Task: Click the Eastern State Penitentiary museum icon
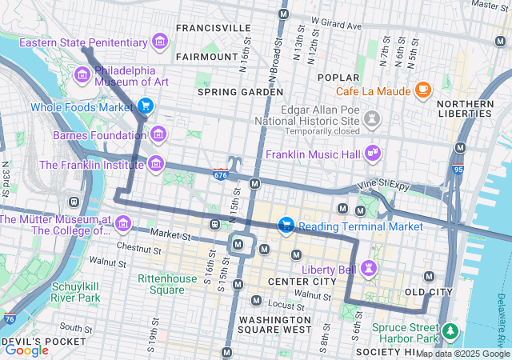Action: tap(160, 42)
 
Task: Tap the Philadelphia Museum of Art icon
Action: tap(82, 75)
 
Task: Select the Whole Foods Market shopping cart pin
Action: tap(145, 106)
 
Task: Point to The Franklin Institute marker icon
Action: tap(156, 165)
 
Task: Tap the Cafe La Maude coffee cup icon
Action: tap(423, 90)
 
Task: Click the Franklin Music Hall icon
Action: tap(372, 152)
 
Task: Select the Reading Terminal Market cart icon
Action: tap(286, 226)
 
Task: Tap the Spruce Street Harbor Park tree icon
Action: tap(450, 330)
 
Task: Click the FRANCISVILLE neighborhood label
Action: tap(213, 28)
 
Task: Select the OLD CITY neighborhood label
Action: tap(429, 292)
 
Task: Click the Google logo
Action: tap(26, 350)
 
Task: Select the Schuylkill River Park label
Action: tap(76, 292)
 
